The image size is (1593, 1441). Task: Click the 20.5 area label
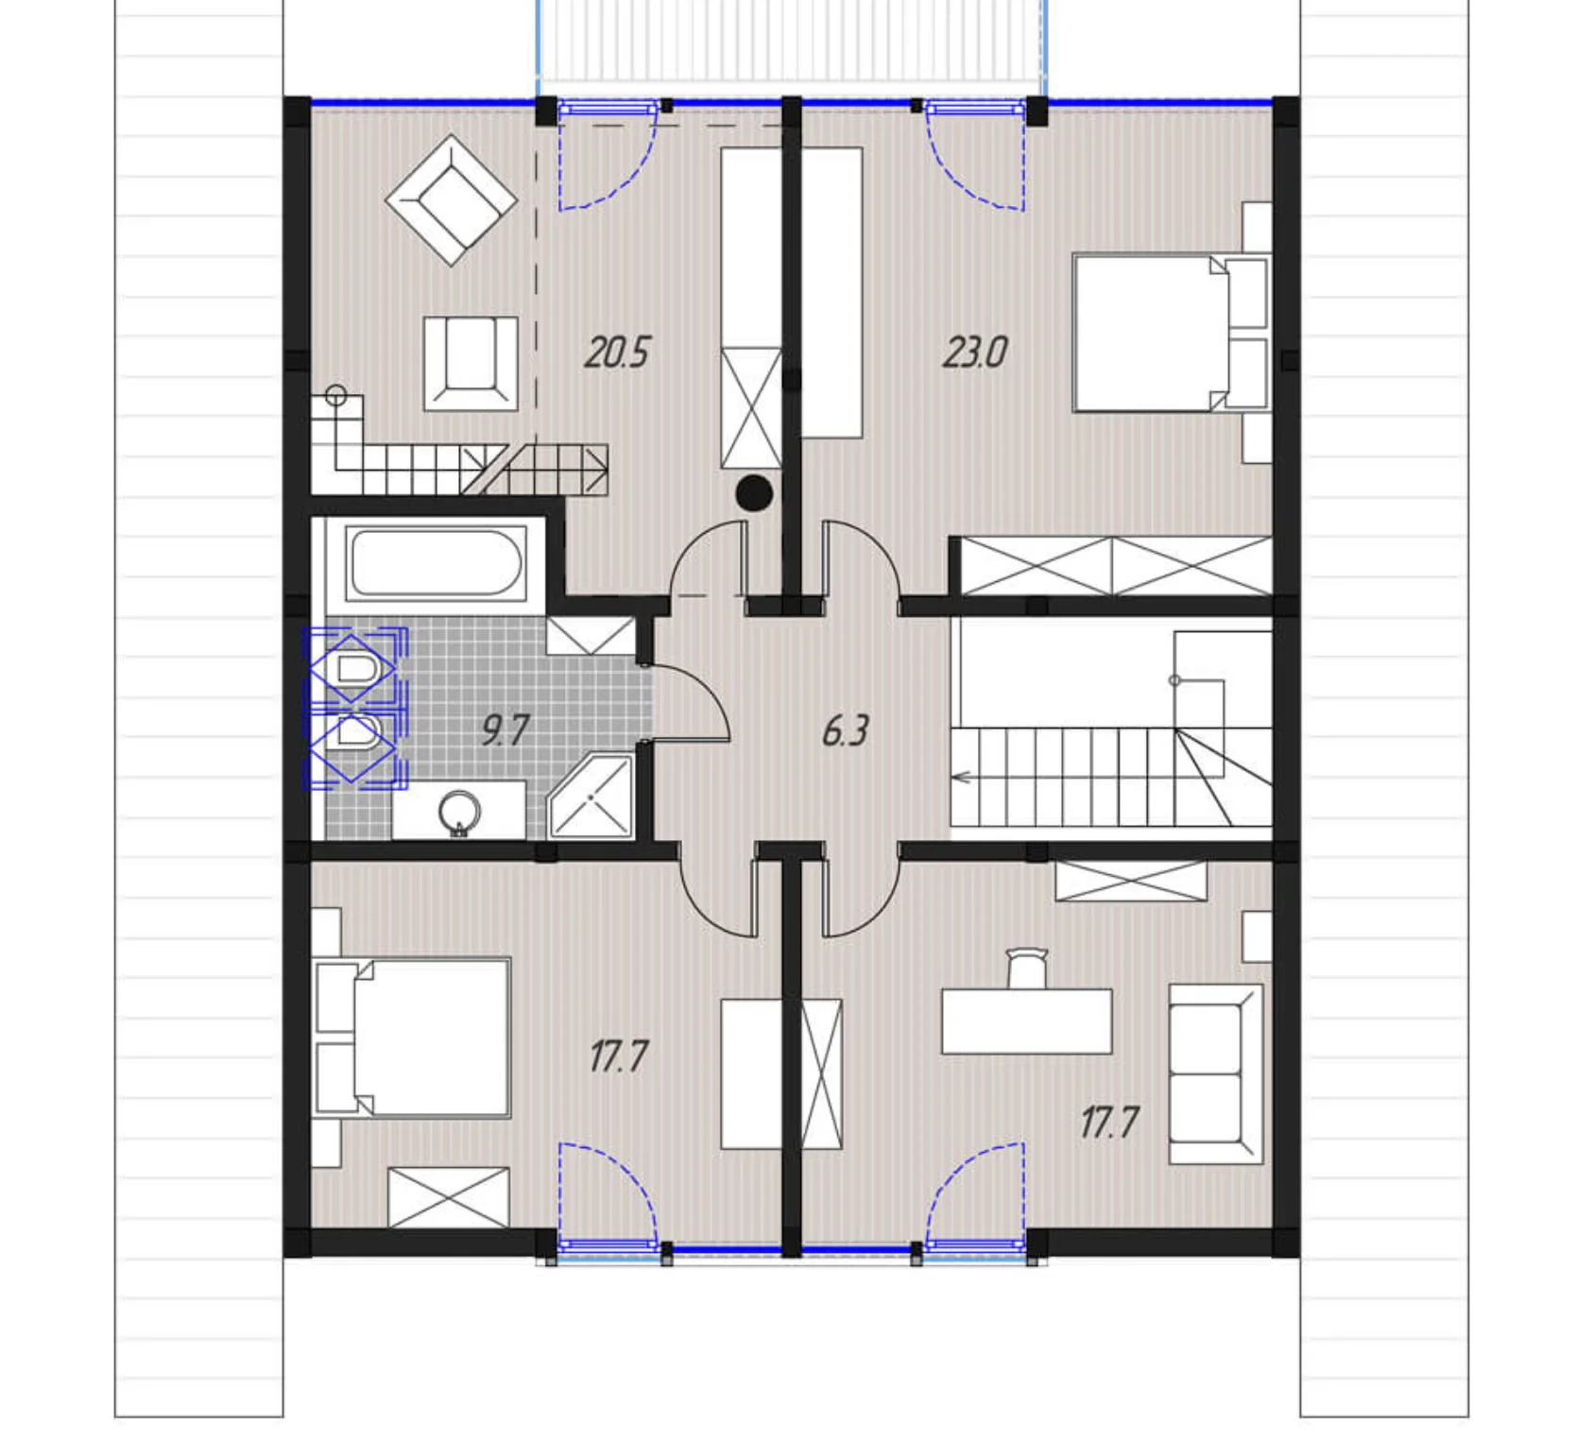coord(617,352)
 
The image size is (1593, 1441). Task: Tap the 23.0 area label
coord(975,352)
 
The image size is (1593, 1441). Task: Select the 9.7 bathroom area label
coord(505,730)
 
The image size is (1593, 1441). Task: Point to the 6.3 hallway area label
coord(845,730)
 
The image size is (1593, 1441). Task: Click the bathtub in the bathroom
coord(436,562)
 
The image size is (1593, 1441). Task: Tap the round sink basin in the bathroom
coord(460,811)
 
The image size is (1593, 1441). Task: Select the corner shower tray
coord(591,796)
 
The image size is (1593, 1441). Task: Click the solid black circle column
coord(754,493)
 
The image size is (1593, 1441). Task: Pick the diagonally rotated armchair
coord(452,199)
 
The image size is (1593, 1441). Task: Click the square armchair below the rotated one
coord(471,364)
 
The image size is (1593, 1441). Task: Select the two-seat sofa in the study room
coord(1216,1073)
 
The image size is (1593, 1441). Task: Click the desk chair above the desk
coord(1028,969)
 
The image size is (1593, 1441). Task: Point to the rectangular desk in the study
coord(1027,1021)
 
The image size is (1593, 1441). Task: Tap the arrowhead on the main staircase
coord(962,778)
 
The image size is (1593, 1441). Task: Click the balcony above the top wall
coord(791,43)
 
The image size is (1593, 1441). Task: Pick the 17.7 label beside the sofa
coord(1109,1123)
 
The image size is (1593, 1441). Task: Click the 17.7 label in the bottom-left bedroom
coord(619,1056)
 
